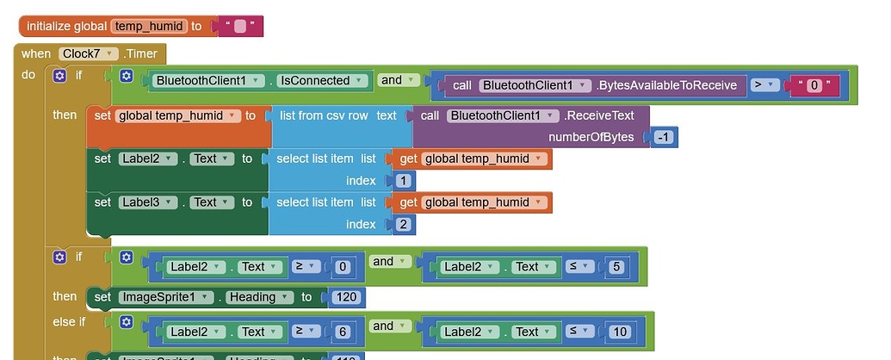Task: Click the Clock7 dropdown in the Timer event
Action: tap(89, 53)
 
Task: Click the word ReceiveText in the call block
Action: tap(609, 115)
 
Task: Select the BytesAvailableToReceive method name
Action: tap(670, 85)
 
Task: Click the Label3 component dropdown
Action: tap(147, 202)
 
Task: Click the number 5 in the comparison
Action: tap(615, 267)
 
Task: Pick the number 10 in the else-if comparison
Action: tap(618, 332)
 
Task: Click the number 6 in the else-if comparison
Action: tap(342, 332)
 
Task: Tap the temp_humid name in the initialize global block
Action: tap(148, 27)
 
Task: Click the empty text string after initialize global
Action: tap(241, 27)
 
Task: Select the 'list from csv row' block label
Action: tap(322, 115)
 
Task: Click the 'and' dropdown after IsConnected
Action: tap(397, 80)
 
